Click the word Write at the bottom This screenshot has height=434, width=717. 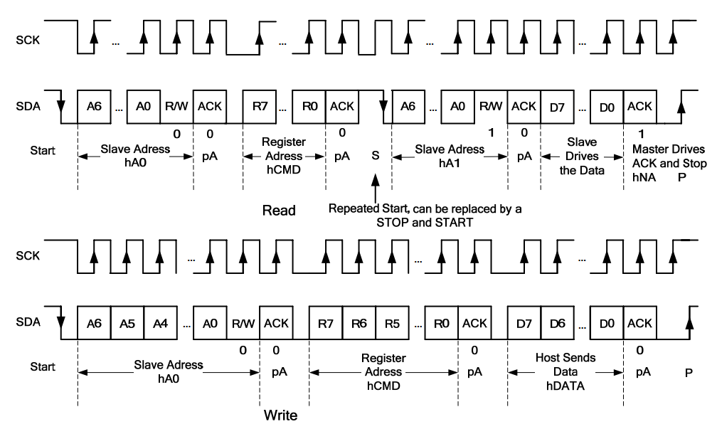coord(281,415)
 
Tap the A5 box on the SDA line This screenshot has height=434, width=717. coord(127,324)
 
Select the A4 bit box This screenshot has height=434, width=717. coord(161,324)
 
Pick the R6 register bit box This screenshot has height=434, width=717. coord(359,324)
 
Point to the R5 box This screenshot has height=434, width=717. coord(393,324)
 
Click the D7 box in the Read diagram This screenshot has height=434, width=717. coord(557,106)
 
